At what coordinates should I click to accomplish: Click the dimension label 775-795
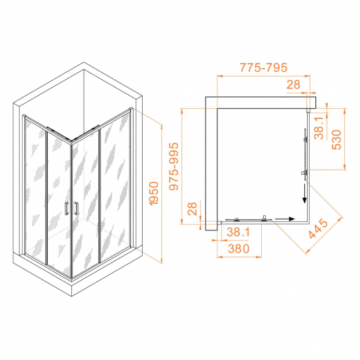[x=263, y=67]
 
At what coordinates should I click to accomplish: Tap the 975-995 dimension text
[x=174, y=166]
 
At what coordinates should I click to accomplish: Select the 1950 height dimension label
[x=154, y=194]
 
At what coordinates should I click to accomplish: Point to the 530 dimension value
[x=337, y=140]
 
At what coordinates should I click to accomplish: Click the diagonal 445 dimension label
[x=318, y=228]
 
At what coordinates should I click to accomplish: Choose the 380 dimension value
[x=239, y=249]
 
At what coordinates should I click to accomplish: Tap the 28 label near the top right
[x=293, y=84]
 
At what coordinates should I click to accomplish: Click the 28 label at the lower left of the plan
[x=192, y=209]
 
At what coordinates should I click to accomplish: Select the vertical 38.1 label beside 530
[x=319, y=128]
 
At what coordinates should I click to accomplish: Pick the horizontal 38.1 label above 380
[x=238, y=232]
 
